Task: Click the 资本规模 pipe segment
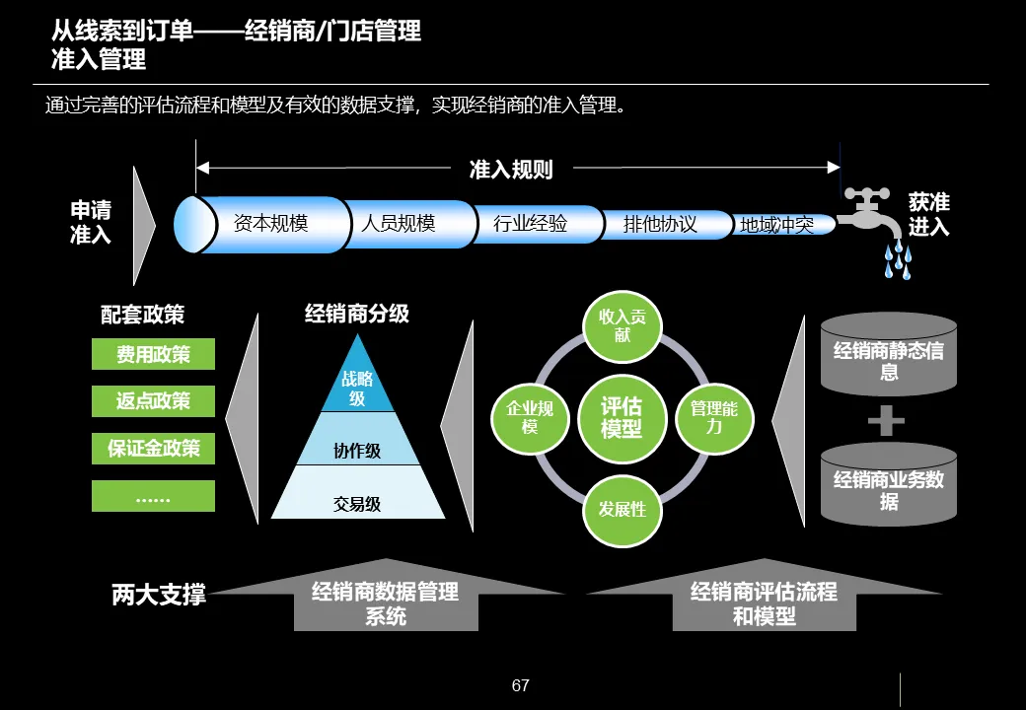271,224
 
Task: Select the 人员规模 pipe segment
399,224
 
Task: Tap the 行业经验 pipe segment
531,224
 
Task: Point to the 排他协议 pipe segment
660,225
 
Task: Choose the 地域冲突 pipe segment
777,226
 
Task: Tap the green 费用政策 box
153,354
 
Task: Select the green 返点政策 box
153,401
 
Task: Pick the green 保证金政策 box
153,449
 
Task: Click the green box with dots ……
153,496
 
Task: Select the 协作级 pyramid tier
357,451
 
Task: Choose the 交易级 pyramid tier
357,504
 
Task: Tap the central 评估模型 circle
622,418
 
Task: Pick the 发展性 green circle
622,509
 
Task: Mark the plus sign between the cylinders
887,421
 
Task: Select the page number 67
521,685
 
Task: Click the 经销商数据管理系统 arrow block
386,603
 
